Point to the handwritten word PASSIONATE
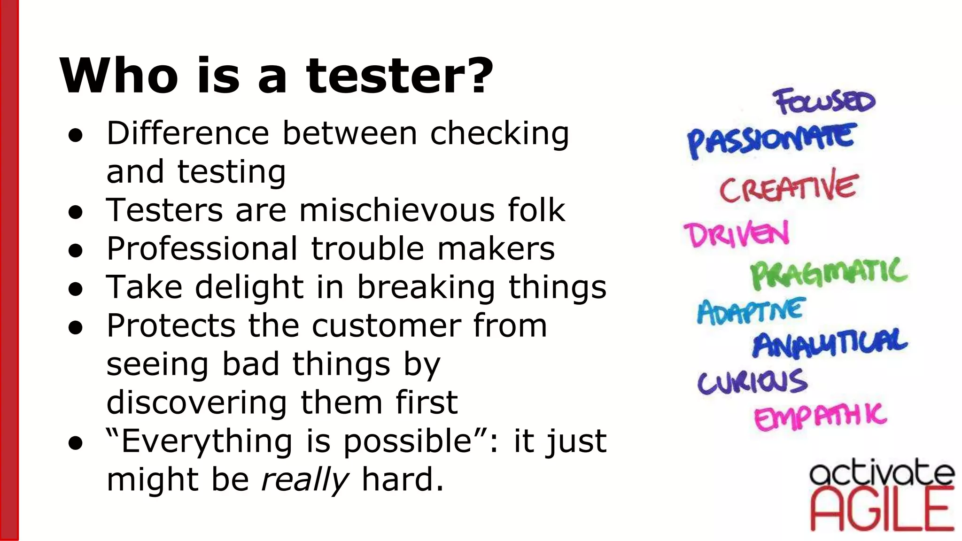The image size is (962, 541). [770, 139]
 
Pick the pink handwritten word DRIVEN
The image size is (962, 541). [737, 234]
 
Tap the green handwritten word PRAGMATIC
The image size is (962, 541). [829, 273]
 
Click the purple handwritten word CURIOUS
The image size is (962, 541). [752, 381]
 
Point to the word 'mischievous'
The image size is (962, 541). [397, 210]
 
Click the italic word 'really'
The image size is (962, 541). [304, 480]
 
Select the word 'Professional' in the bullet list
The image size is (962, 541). [202, 248]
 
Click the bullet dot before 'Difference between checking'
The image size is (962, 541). [76, 135]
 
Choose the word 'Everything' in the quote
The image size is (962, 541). [207, 441]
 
